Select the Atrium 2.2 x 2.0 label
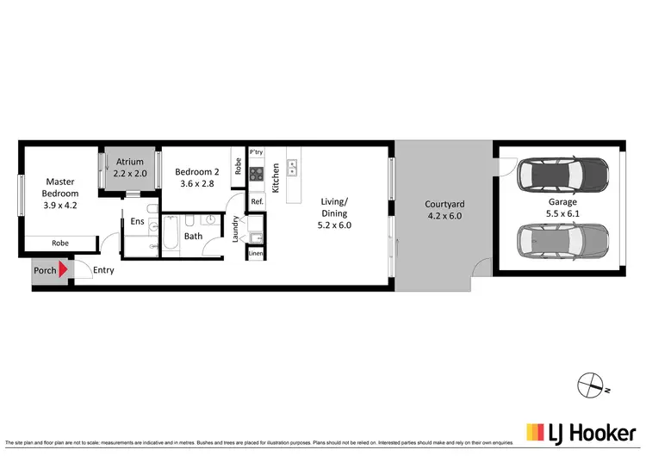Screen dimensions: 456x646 pyautogui.click(x=131, y=167)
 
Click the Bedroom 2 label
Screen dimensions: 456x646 pyautogui.click(x=198, y=177)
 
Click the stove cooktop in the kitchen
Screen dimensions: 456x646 pyautogui.click(x=256, y=174)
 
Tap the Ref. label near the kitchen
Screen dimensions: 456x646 pyautogui.click(x=256, y=201)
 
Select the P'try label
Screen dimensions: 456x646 pyautogui.click(x=256, y=153)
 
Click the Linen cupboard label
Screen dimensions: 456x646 pyautogui.click(x=255, y=255)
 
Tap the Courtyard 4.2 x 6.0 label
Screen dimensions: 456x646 pyautogui.click(x=444, y=211)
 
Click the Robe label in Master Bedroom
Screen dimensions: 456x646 pyautogui.click(x=59, y=243)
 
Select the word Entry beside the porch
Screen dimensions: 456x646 pyautogui.click(x=103, y=270)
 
